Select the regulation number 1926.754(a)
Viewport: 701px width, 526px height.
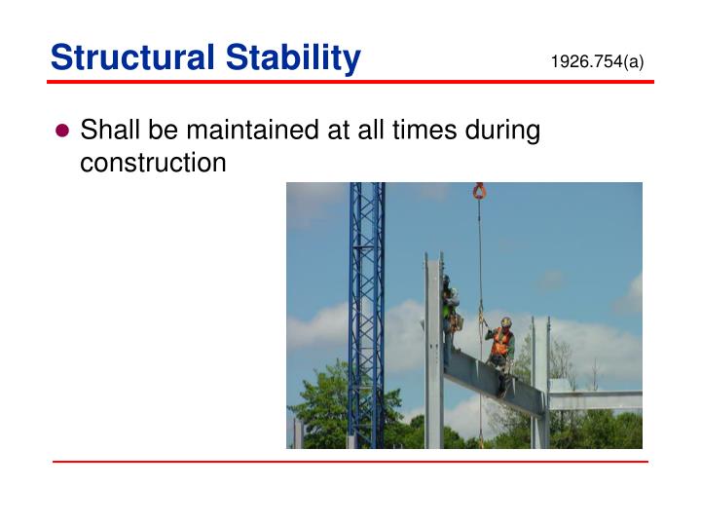(x=597, y=62)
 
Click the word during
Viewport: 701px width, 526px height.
(x=501, y=131)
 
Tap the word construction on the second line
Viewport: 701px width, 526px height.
(x=153, y=163)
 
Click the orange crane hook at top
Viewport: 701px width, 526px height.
(x=479, y=190)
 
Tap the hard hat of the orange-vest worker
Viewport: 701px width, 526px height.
(x=505, y=322)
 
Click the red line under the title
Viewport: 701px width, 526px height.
(x=350, y=82)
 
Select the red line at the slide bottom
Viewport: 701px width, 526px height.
(x=350, y=461)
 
